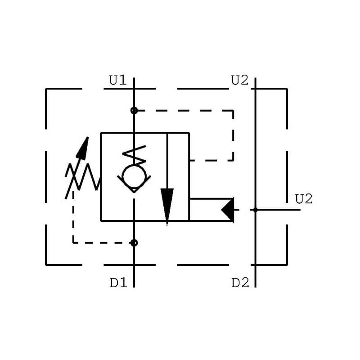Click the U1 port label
(117, 81)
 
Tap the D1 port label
(118, 283)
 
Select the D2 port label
(240, 283)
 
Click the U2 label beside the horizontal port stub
(304, 199)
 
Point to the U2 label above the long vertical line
(239, 81)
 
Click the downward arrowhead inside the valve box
(167, 205)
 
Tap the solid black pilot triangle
(228, 210)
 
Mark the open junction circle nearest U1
(134, 110)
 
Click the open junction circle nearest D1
(134, 243)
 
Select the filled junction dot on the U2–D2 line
(256, 210)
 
